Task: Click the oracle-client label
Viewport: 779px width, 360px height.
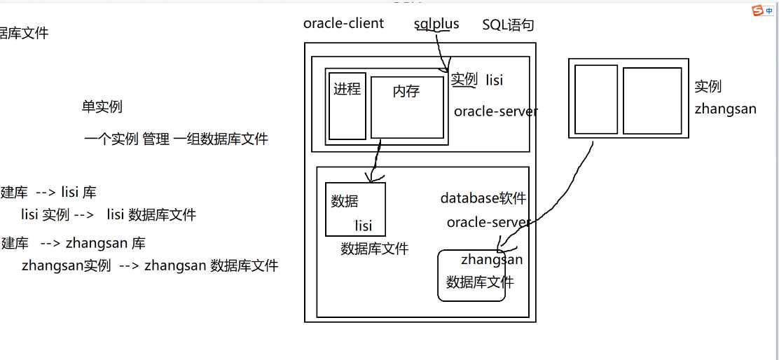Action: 343,23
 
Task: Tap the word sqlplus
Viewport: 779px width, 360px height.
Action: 436,24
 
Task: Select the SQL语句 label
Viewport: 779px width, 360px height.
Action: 508,25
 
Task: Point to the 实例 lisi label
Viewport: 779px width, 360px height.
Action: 476,79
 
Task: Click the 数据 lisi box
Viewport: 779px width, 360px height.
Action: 355,209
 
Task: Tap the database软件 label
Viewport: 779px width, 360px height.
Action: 483,198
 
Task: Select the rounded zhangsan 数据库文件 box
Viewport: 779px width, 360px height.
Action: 471,276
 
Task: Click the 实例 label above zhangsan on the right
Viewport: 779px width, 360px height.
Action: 708,86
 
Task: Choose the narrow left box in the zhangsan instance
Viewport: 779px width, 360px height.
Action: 595,99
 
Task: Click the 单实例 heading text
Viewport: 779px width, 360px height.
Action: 102,106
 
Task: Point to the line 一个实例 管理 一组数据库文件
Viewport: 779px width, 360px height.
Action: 176,139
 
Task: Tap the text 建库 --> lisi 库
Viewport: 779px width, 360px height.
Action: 49,193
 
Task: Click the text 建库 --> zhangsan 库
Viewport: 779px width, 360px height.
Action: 74,244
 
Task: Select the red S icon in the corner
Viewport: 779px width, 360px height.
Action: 757,11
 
